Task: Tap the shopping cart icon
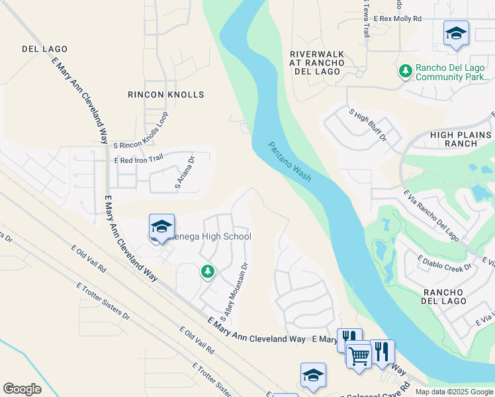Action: pos(359,356)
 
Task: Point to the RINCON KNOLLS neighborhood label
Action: pos(166,95)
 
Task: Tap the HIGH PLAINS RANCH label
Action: pos(462,139)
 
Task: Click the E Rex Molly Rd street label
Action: pos(397,19)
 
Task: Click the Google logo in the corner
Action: pos(22,388)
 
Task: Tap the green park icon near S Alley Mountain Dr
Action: pos(208,271)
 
